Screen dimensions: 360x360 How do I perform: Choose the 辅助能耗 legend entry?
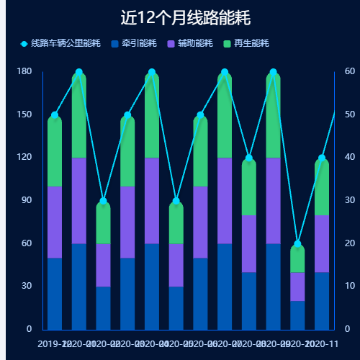point(189,43)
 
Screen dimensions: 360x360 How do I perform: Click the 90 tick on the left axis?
point(26,200)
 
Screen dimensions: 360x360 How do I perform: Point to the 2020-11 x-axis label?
point(322,344)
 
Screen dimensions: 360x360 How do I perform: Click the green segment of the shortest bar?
point(297,258)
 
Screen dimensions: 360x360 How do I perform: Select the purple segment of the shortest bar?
point(297,287)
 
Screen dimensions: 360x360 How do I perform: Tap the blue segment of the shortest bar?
point(297,315)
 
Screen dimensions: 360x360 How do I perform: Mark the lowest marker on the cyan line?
point(297,244)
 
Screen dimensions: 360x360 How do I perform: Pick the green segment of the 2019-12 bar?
point(55,151)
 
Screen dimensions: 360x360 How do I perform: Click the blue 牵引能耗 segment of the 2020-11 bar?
point(322,300)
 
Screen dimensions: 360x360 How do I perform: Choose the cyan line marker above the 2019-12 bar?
point(55,115)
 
